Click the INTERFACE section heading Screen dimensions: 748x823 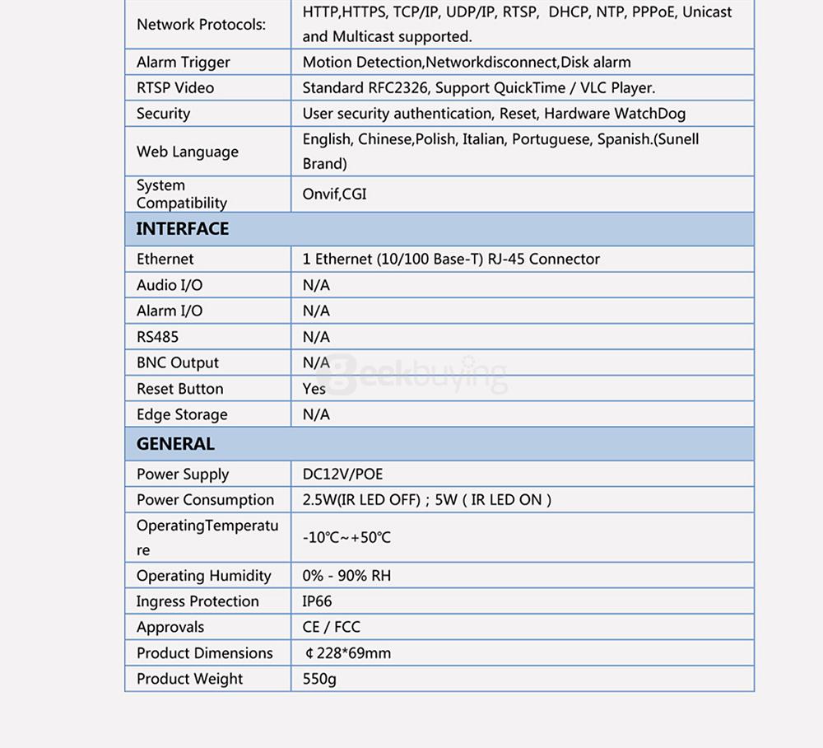183,229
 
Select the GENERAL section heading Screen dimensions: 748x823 175,444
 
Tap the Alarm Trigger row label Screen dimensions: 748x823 183,62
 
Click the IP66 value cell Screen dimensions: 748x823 317,601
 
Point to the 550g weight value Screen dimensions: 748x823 319,679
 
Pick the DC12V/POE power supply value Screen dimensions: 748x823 342,474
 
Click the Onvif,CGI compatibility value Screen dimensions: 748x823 334,194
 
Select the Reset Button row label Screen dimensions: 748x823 179,389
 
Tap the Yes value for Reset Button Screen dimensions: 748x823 314,389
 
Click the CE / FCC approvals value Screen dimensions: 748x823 331,627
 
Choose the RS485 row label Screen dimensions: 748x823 157,337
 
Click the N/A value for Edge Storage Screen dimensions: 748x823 316,414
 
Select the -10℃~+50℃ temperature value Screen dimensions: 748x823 346,538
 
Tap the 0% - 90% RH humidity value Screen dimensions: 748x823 346,576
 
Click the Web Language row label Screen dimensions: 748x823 188,152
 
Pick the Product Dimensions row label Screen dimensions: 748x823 204,653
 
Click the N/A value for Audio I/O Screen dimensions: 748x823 316,285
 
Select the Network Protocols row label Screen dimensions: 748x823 201,25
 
